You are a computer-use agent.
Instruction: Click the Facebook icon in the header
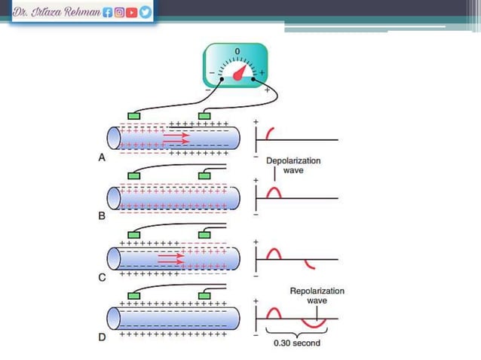pos(107,12)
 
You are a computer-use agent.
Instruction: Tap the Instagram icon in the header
pos(119,12)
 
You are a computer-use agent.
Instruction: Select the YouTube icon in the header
pos(132,12)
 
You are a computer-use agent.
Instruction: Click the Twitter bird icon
pos(146,12)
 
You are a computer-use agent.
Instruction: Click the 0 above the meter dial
pos(237,51)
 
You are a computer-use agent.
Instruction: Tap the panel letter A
pos(102,157)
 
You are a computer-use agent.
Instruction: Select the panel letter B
pos(102,216)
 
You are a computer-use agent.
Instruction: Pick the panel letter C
pos(102,278)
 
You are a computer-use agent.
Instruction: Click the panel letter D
pos(102,337)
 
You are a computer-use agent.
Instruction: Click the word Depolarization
pos(293,161)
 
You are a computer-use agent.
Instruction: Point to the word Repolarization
pos(317,291)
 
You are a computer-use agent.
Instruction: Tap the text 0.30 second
pos(297,343)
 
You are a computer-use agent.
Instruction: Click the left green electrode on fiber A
pos(134,116)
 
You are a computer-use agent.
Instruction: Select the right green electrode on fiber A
pos(204,116)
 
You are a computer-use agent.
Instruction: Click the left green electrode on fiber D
pos(134,296)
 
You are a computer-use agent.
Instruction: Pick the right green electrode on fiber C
pos(204,235)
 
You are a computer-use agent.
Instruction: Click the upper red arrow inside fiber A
pos(176,135)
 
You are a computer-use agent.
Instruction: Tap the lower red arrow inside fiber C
pos(171,262)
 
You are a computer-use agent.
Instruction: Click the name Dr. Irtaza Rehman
pos(57,12)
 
